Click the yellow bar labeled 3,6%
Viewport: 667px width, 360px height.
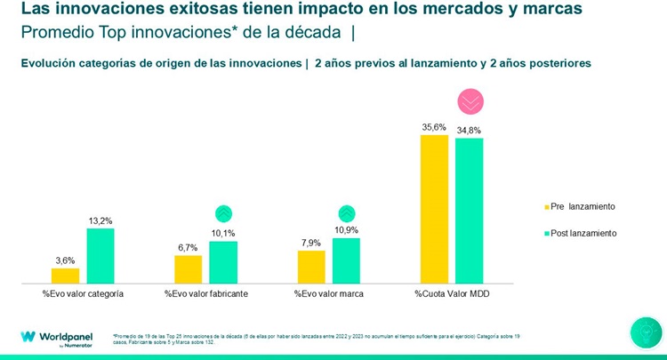point(65,276)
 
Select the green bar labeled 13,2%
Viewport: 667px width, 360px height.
point(100,256)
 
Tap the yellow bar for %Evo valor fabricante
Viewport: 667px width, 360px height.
point(188,269)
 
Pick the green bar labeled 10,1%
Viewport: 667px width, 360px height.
point(222,262)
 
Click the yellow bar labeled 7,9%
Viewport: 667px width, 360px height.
point(311,267)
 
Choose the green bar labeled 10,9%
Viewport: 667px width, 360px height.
point(346,260)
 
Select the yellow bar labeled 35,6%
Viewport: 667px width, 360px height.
point(434,210)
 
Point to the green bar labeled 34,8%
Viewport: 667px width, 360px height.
point(469,212)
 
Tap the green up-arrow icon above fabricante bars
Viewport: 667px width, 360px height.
point(223,213)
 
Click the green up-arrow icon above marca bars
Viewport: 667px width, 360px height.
point(347,213)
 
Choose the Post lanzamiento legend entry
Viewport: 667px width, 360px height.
point(578,233)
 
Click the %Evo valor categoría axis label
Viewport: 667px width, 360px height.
point(83,293)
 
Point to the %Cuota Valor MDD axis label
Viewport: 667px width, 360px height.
point(451,293)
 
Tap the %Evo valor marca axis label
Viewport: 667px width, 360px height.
point(328,293)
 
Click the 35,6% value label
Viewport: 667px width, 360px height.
point(433,127)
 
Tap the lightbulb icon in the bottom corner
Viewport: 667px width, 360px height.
point(646,332)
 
